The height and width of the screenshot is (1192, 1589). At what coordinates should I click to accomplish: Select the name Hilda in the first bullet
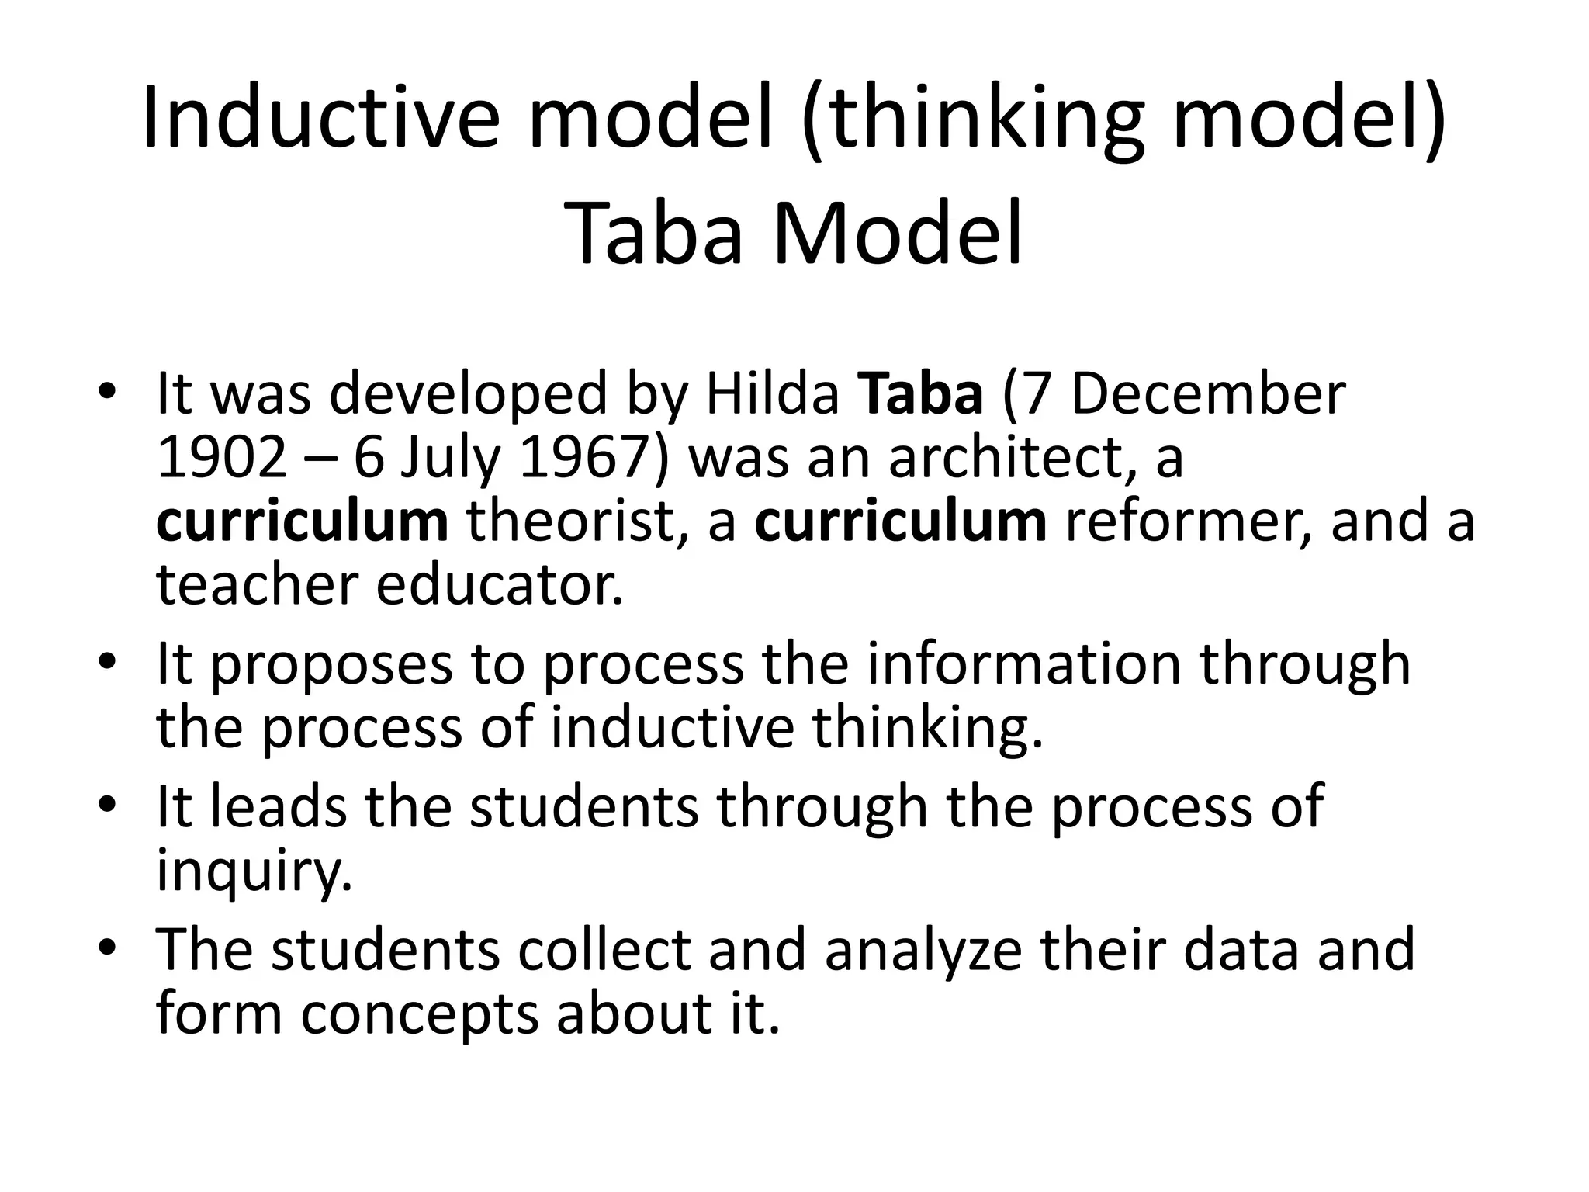coord(772,393)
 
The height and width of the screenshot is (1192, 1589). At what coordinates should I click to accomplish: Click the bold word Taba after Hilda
coord(921,393)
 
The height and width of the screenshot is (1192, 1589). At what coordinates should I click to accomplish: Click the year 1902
coord(222,457)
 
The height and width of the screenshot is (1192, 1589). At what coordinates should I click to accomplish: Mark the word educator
coord(500,584)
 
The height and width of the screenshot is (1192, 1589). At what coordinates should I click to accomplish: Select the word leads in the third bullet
coord(279,806)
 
